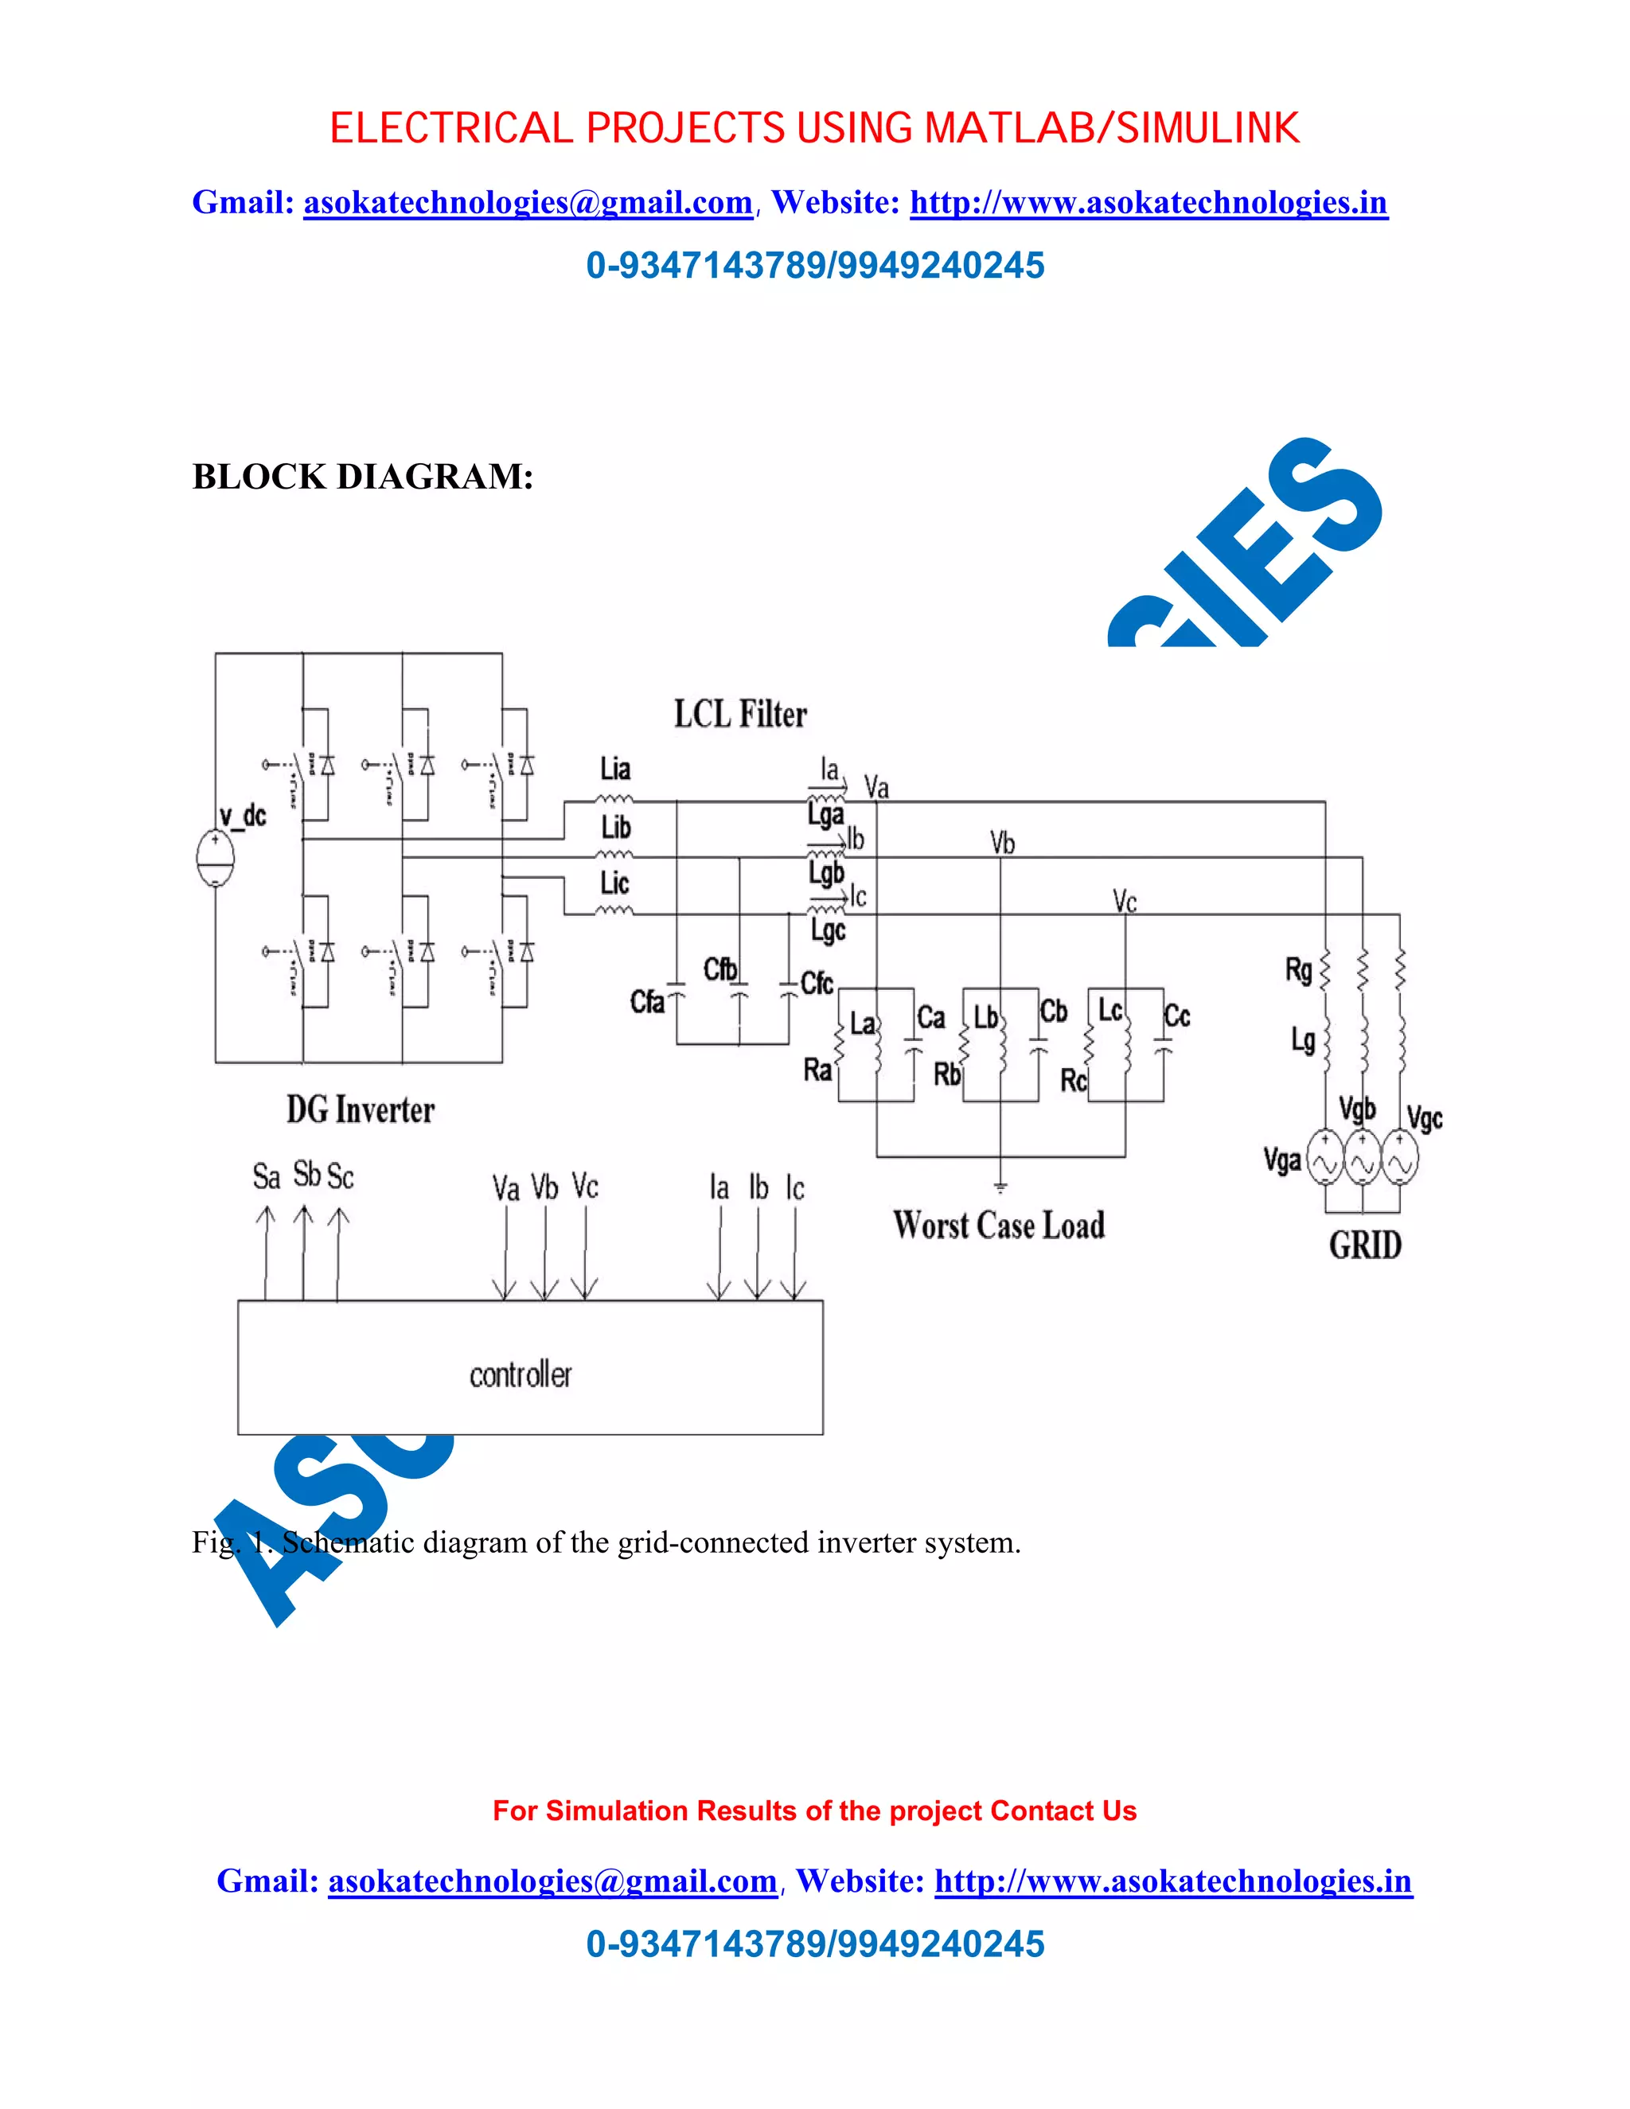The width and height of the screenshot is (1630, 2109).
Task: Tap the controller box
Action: [530, 1367]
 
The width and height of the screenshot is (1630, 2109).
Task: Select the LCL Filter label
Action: [739, 715]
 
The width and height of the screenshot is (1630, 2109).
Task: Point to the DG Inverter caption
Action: [361, 1110]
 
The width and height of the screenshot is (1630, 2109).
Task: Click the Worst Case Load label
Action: [999, 1226]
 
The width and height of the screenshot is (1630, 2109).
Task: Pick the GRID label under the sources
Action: [1364, 1246]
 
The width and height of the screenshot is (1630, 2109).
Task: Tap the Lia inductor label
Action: [615, 770]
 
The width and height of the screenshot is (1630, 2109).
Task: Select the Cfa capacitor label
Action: [647, 1002]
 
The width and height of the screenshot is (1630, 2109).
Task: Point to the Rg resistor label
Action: [1298, 969]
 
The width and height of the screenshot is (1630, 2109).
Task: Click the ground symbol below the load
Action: [1000, 1186]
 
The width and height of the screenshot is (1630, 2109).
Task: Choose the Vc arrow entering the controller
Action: [584, 1252]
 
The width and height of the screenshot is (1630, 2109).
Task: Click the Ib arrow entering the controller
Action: [758, 1252]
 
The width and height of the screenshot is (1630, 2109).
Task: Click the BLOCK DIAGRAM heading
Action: [362, 477]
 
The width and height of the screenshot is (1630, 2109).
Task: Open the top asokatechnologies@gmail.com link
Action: [527, 203]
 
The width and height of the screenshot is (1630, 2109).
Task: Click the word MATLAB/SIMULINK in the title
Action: [1111, 128]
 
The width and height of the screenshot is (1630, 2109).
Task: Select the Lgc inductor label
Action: [828, 931]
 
